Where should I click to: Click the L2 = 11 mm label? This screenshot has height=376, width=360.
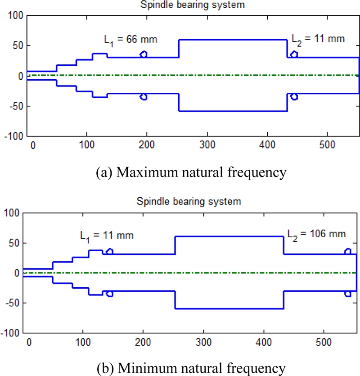pos(318,39)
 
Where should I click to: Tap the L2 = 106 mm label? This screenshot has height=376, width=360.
pos(317,234)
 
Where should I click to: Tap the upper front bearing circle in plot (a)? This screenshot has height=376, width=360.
pos(144,54)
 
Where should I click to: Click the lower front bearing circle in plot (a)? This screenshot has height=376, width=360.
pos(144,97)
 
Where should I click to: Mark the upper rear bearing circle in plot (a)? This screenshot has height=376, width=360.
pos(294,54)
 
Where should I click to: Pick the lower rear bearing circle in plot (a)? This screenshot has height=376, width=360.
pos(294,97)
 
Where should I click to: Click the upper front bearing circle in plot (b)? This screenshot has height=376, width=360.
pos(109,252)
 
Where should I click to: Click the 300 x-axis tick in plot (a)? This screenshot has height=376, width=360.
pos(207,146)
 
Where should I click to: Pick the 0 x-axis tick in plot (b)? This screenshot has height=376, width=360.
pos(30,343)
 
